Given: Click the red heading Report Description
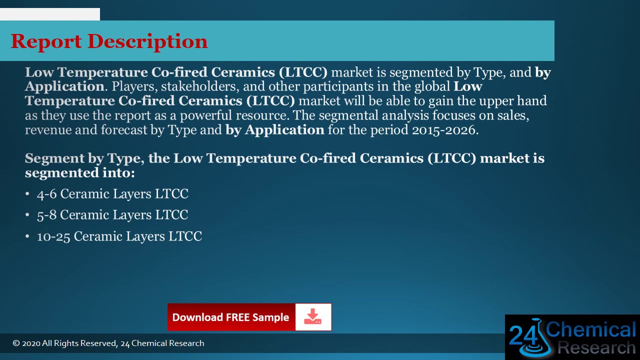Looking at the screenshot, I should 109,41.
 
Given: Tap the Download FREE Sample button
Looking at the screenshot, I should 230,317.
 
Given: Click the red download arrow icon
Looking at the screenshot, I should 313,317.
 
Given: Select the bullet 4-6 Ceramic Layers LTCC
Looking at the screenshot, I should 112,194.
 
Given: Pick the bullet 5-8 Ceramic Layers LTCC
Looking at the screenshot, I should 112,215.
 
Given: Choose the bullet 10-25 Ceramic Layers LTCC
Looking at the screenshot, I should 119,236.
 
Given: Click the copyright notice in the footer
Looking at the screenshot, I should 108,343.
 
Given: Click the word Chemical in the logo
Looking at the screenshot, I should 591,330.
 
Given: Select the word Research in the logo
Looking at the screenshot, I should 596,347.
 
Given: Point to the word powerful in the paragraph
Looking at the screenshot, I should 206,115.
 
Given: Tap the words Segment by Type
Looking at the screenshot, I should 82,158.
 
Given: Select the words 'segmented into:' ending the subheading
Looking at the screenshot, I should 80,173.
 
